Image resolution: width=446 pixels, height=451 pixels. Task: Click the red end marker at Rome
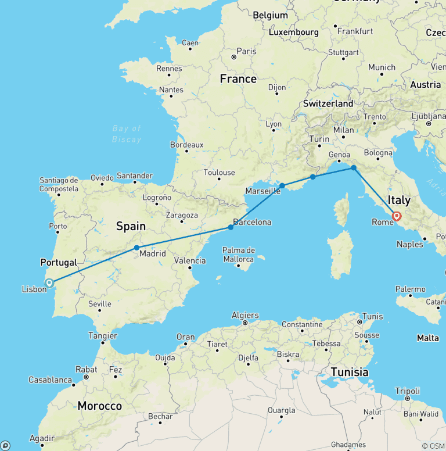(x=397, y=216)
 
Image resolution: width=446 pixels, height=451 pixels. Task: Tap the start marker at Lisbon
(x=49, y=283)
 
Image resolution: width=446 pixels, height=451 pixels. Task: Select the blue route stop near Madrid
(x=136, y=248)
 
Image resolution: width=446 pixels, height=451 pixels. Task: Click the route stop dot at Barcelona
(x=231, y=227)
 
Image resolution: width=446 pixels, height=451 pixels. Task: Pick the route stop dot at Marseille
(x=282, y=186)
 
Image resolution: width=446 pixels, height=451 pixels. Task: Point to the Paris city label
(x=246, y=51)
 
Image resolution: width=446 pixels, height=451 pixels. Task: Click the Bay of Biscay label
(x=127, y=134)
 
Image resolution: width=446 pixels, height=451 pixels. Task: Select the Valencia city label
(x=190, y=261)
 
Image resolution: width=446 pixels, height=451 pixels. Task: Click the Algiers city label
(x=244, y=315)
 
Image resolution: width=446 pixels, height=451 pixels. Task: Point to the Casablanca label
(x=50, y=380)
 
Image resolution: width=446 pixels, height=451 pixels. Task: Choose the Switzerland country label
(x=328, y=103)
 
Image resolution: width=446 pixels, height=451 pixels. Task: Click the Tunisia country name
(x=350, y=372)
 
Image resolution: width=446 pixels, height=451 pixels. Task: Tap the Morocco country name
(x=99, y=406)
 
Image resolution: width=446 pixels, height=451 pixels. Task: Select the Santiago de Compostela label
(x=59, y=184)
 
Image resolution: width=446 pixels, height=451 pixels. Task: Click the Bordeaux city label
(x=186, y=145)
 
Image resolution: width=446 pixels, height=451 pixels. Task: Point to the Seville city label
(x=100, y=303)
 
